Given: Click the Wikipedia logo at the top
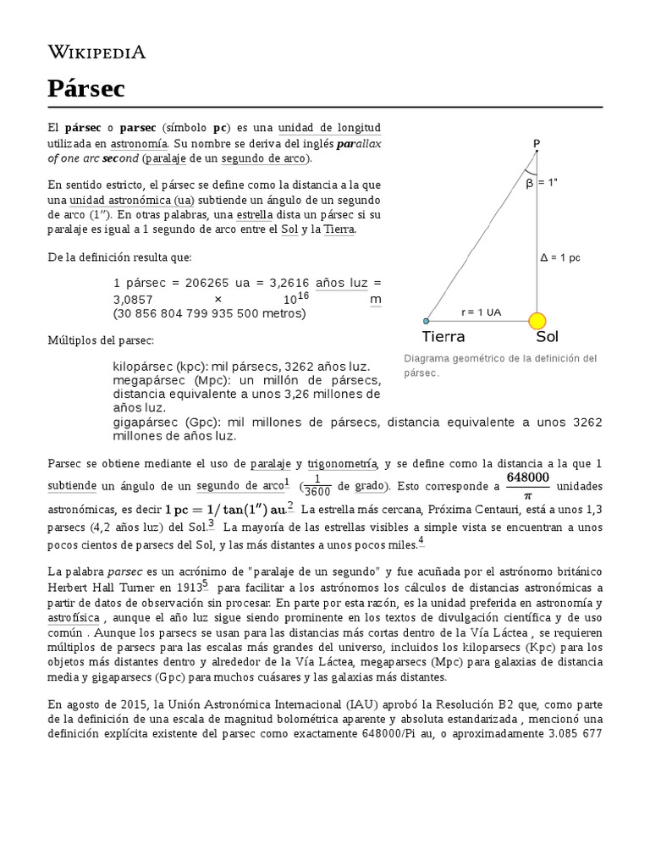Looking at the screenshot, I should (x=96, y=52).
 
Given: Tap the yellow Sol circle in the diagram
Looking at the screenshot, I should (x=537, y=321).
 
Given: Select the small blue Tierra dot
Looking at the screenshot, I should (x=427, y=321).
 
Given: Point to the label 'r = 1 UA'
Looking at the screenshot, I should (x=481, y=312).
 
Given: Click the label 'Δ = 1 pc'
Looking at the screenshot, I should (x=561, y=257).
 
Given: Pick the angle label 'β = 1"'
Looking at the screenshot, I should (x=543, y=181).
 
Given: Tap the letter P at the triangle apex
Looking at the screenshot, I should (x=536, y=143).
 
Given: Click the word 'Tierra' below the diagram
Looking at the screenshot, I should (x=443, y=337).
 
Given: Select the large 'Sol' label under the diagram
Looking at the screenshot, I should (x=547, y=337).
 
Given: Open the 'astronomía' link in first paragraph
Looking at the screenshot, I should (x=140, y=143).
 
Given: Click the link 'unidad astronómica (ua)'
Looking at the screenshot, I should (x=131, y=199).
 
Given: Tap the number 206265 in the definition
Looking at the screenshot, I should (x=191, y=283).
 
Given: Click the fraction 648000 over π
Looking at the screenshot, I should (x=528, y=485).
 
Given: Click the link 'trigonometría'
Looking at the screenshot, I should (x=342, y=463).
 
